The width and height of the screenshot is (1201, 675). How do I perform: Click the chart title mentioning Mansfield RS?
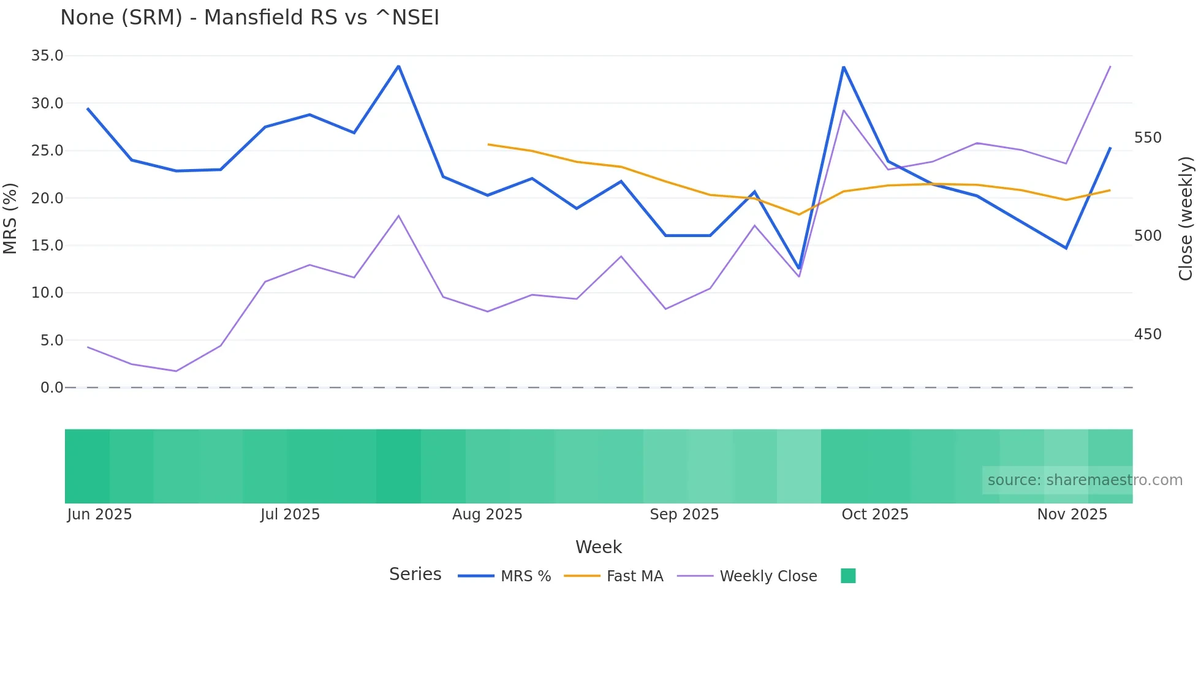point(249,18)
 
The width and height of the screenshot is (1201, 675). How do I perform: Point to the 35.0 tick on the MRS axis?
point(47,56)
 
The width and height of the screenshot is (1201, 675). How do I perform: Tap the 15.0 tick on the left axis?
point(47,246)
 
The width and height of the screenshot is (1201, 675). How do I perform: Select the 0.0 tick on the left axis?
point(51,388)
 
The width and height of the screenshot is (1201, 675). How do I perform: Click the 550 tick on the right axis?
point(1148,138)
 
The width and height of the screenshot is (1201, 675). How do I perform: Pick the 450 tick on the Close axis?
point(1148,334)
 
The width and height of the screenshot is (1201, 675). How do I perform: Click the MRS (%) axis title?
point(10,218)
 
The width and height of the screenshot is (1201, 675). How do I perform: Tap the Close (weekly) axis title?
point(1186,218)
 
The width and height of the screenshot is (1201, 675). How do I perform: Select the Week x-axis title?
point(598,547)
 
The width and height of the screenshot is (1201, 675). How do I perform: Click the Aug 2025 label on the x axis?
point(487,515)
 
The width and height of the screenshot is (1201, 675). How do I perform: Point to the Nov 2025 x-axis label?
point(1072,515)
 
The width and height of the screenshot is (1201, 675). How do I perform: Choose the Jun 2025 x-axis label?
point(99,515)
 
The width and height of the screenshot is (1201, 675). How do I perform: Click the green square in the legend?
point(848,576)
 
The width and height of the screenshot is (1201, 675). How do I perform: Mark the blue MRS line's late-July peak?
point(398,66)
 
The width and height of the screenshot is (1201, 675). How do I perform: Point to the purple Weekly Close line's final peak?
point(1110,66)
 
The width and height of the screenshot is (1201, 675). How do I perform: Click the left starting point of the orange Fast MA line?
point(488,145)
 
